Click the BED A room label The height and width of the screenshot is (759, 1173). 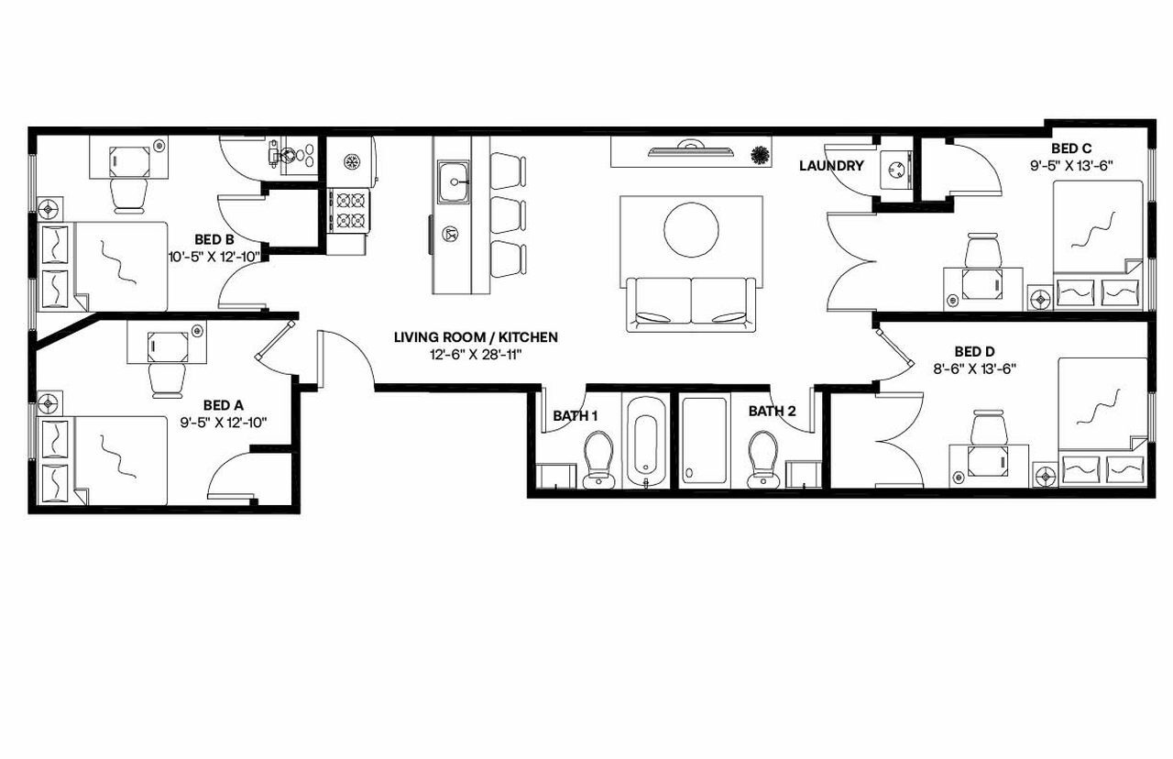[223, 404]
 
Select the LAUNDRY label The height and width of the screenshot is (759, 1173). [831, 166]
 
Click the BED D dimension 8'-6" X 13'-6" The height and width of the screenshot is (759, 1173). [973, 368]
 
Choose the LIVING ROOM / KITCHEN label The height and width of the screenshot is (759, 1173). [476, 337]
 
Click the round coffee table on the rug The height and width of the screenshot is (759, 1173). [691, 230]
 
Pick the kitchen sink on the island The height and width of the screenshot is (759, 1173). [454, 180]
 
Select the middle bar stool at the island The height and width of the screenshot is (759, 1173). [508, 214]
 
